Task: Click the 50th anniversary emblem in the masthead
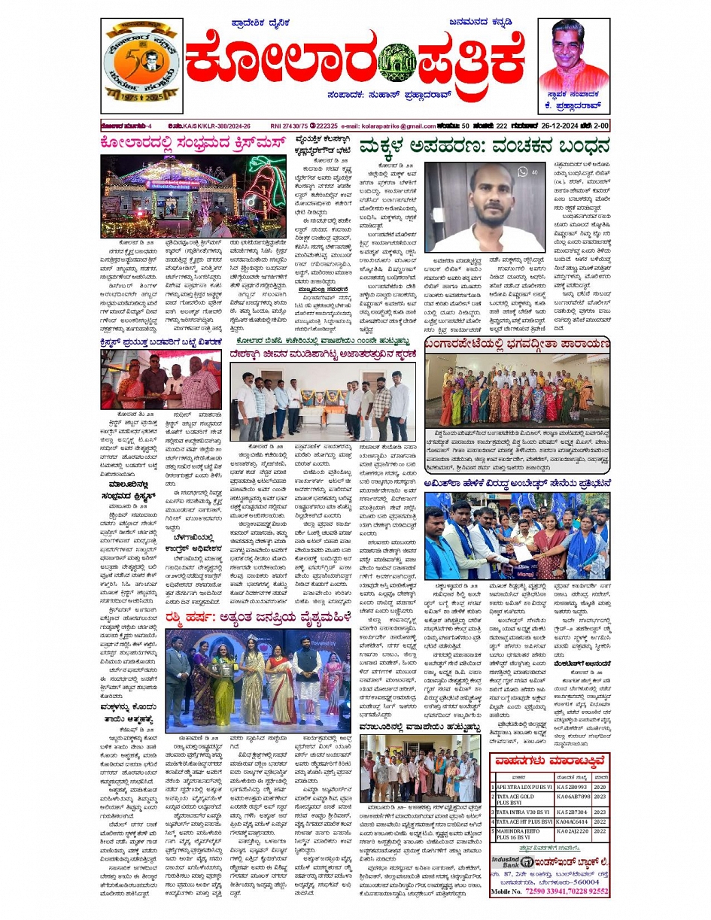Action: point(141,64)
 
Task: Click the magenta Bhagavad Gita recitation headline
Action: point(517,343)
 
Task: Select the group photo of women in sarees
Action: point(517,392)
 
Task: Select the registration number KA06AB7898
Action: point(573,799)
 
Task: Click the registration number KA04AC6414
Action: point(573,822)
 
